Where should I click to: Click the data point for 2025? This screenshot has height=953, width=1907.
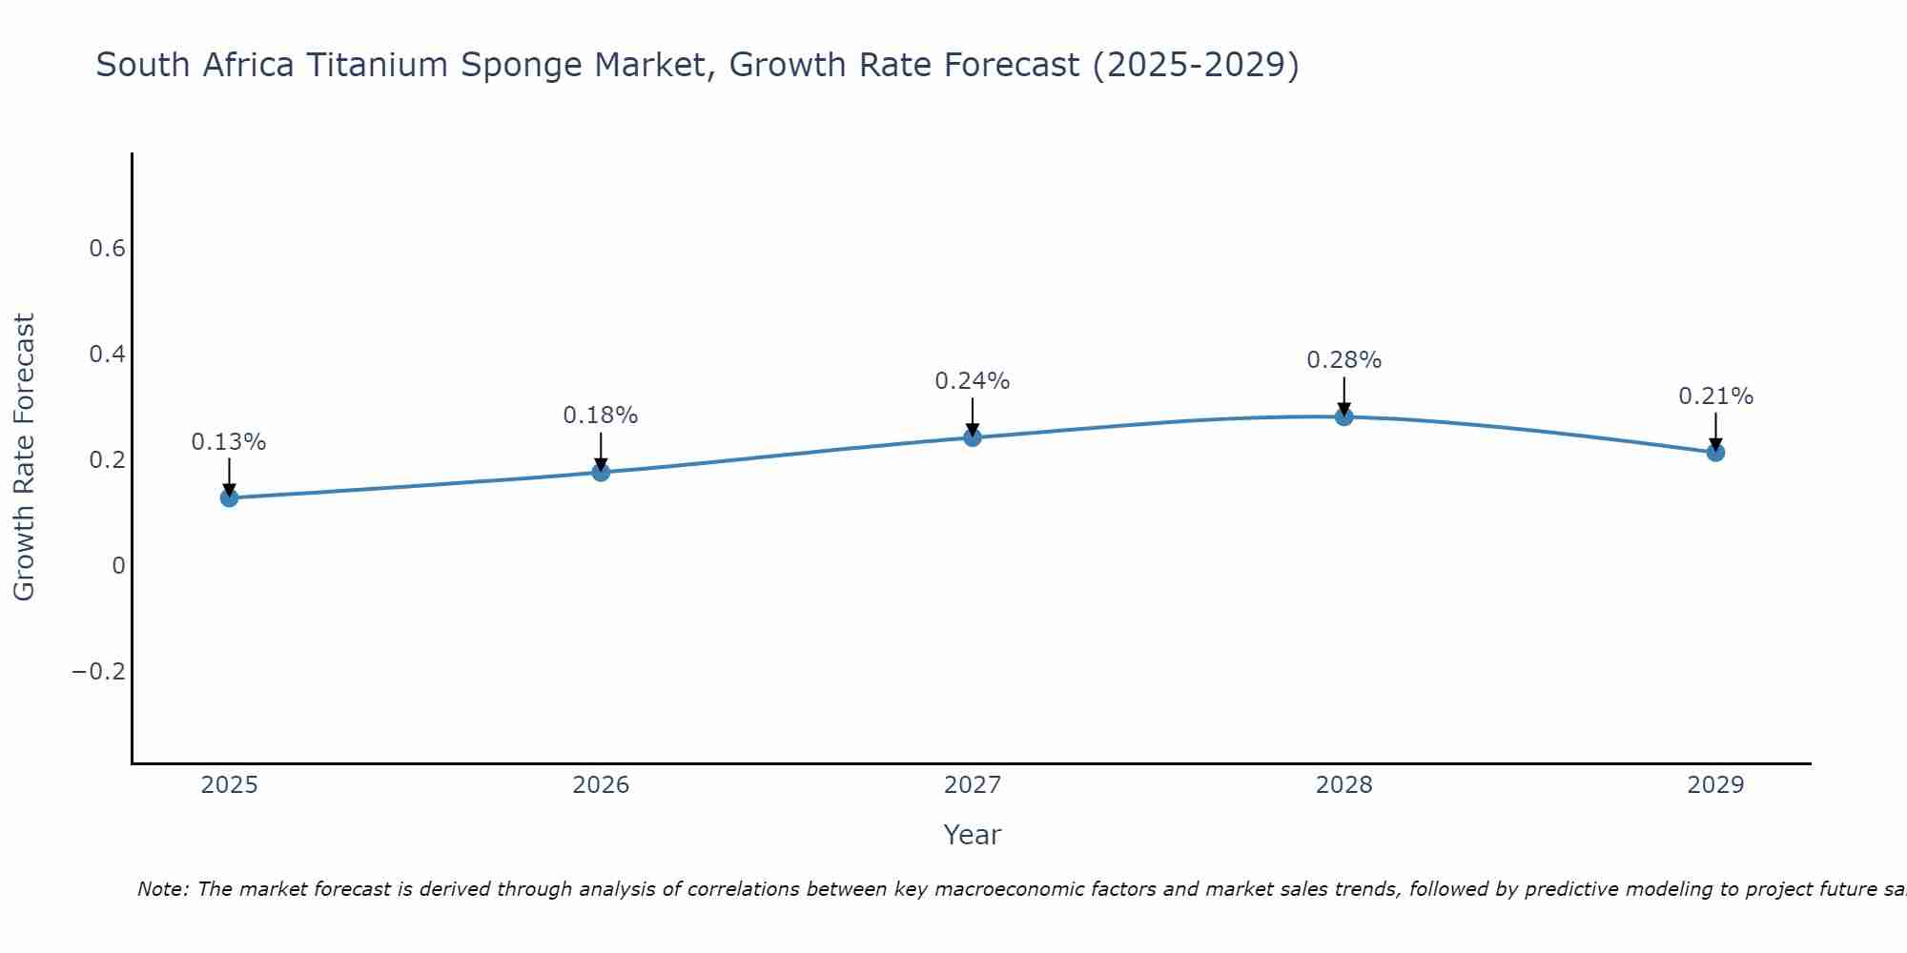(229, 497)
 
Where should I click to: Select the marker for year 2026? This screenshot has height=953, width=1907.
(601, 472)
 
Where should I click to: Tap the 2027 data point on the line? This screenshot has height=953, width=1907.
(973, 437)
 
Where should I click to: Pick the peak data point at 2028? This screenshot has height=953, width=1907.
(1344, 416)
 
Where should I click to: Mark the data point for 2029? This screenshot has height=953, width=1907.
(1715, 452)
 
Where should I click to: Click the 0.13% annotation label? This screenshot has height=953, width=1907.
(229, 442)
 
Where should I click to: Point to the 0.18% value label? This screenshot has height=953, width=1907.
(601, 416)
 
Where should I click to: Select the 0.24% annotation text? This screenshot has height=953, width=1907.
(973, 381)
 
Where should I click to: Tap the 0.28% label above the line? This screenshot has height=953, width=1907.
(1344, 360)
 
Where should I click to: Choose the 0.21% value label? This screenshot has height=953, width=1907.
(1715, 396)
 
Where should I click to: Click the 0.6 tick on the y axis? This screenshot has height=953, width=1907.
(107, 249)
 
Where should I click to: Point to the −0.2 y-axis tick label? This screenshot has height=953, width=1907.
(99, 672)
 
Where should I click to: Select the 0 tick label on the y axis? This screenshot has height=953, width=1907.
(118, 566)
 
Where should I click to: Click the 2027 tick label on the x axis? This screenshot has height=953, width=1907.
(973, 785)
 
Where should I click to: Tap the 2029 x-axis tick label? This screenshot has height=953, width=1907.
(1715, 785)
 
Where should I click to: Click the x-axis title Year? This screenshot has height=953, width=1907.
(973, 835)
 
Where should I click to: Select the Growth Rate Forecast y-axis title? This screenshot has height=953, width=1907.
(25, 457)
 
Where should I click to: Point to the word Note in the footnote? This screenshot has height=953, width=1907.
(163, 889)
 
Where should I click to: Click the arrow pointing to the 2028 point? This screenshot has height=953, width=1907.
(1344, 395)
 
